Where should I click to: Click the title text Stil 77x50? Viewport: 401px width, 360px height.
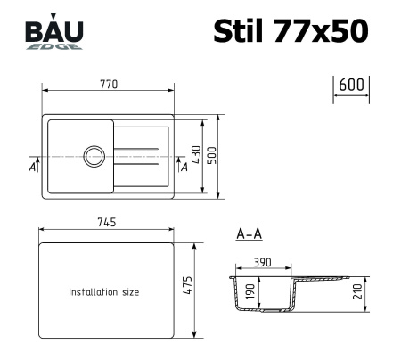point(290,30)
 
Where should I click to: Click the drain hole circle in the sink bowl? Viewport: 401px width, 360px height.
point(94,156)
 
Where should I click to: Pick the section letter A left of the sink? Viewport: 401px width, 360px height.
point(31,167)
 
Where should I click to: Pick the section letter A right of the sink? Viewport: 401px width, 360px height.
point(184,167)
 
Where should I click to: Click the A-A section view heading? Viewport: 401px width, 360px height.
point(249,235)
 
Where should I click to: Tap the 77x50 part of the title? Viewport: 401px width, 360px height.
point(323,30)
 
